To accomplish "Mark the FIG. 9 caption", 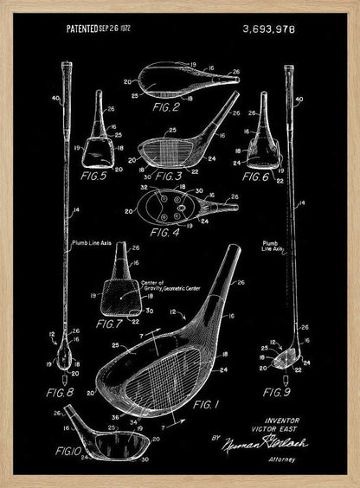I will pos(279,395).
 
